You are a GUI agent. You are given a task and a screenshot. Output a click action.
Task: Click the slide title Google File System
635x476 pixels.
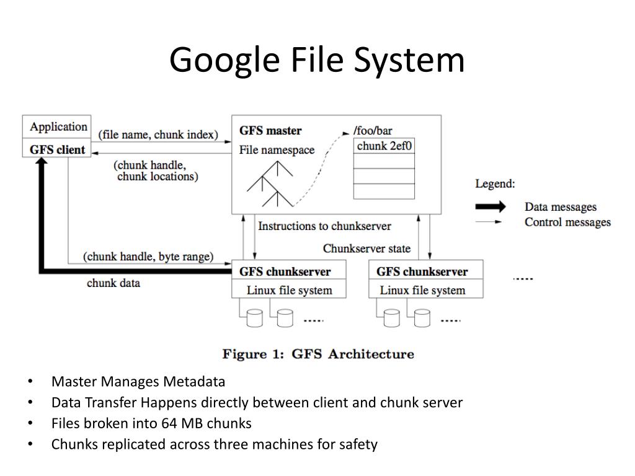coord(317,61)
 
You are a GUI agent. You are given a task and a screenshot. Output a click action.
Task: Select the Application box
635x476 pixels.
coord(58,127)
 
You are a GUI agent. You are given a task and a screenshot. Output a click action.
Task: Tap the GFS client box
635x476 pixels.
coord(58,149)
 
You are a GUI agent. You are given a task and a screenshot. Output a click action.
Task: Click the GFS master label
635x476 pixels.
coord(270,131)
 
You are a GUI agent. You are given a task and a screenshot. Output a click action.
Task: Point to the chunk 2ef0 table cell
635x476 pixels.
coord(384,146)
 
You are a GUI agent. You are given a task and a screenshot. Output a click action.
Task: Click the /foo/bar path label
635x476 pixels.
coord(372,131)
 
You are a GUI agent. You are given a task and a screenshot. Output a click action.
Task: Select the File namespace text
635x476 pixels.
coord(277,150)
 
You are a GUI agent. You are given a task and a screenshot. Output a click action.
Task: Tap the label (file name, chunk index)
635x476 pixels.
coord(158,134)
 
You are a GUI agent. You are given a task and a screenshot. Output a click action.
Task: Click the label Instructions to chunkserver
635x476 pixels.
coord(324,226)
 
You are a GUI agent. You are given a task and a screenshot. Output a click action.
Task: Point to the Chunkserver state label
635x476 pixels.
coord(366,249)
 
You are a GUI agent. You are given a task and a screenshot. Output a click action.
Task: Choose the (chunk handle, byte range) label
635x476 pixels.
coord(148,257)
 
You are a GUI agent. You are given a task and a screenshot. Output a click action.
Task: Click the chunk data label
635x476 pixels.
coord(113,283)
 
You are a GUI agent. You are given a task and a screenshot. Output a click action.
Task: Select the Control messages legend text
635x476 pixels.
coord(567,223)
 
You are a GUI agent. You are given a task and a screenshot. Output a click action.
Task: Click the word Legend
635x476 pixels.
coord(495,184)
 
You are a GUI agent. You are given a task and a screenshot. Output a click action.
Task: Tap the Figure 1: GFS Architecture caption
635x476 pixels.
coord(318,355)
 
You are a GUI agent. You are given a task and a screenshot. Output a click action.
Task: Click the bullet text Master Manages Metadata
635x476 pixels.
coord(138,382)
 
